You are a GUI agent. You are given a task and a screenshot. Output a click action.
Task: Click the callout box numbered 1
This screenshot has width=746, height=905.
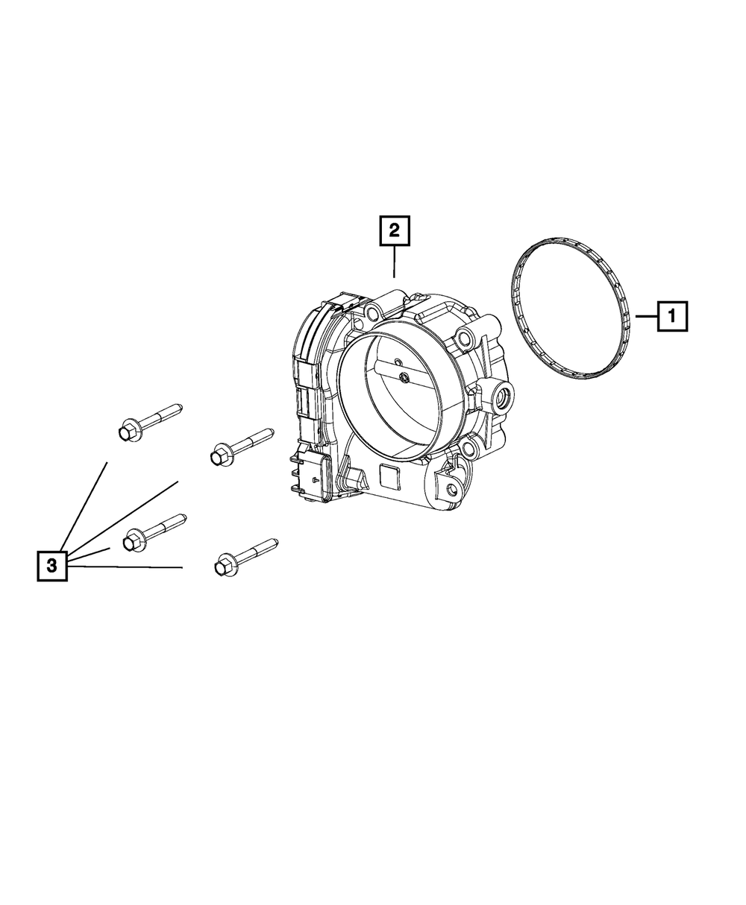(671, 316)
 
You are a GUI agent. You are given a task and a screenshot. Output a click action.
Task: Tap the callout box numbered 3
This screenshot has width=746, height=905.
(52, 566)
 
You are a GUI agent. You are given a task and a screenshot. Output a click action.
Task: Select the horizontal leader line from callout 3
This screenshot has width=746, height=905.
(127, 567)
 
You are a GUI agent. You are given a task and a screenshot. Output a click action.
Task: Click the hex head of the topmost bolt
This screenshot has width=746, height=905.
(127, 430)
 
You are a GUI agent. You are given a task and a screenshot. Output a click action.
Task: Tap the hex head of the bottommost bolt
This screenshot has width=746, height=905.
(223, 566)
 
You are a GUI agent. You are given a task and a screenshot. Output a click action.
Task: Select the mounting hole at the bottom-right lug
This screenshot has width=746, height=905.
(451, 491)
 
